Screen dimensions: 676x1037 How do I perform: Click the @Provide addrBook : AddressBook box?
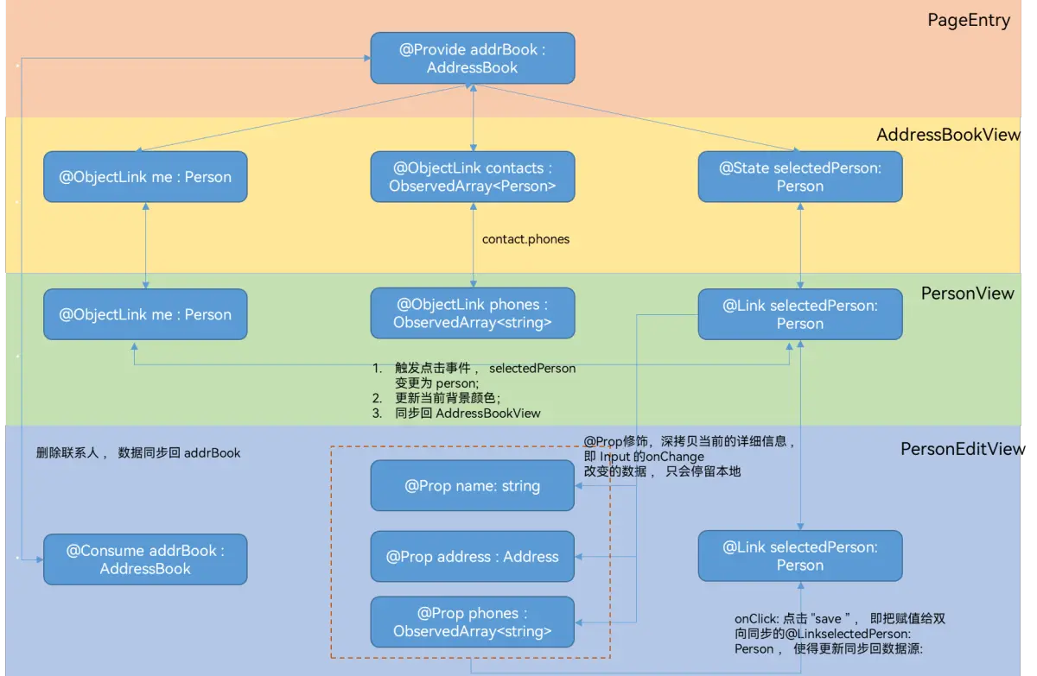(x=472, y=59)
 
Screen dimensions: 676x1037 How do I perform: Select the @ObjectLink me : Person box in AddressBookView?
(x=145, y=177)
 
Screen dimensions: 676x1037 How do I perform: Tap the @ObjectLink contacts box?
(x=472, y=177)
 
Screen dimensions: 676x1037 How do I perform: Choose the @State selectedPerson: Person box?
(x=800, y=177)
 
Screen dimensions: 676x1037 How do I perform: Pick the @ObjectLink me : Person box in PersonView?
(x=145, y=314)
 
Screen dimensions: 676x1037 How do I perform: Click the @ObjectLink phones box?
(x=472, y=313)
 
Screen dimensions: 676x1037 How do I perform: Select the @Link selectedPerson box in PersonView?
(x=800, y=314)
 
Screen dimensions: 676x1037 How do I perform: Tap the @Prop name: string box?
(x=472, y=485)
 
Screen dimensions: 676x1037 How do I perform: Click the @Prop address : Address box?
(x=472, y=557)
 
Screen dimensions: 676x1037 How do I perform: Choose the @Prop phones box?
(x=472, y=622)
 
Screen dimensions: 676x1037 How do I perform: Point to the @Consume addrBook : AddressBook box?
(x=145, y=559)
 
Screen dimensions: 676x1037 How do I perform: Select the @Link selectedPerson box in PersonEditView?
(x=800, y=556)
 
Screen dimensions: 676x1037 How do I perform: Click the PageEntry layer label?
(x=969, y=21)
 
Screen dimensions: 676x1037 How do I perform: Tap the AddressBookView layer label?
(x=948, y=135)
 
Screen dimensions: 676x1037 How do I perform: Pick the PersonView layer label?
(x=967, y=294)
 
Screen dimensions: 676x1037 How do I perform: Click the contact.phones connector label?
(x=525, y=239)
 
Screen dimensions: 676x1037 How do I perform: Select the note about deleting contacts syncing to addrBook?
(x=138, y=452)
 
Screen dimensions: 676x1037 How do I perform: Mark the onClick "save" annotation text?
(x=839, y=634)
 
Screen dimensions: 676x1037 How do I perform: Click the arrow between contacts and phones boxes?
(x=473, y=259)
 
